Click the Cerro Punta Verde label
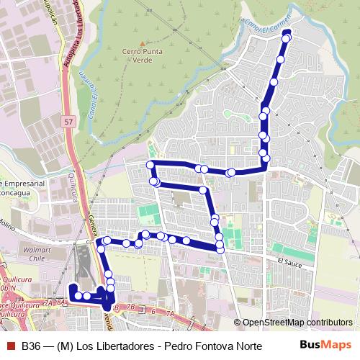click(x=141, y=56)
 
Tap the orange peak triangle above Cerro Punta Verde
click(x=141, y=42)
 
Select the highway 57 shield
click(x=68, y=122)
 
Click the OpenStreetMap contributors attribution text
click(x=297, y=323)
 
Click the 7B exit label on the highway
click(x=130, y=307)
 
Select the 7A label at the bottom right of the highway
click(x=170, y=314)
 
